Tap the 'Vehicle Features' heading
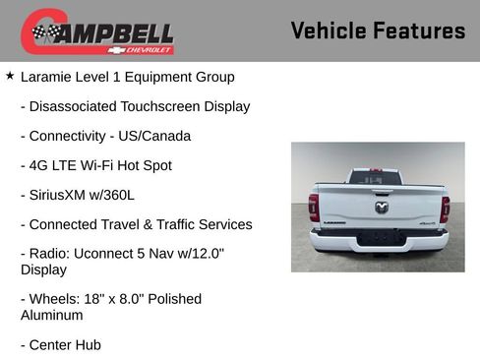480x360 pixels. (378, 30)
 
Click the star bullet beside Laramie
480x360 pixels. (10, 76)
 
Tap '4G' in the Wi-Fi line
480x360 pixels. (39, 165)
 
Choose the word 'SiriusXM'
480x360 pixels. (60, 195)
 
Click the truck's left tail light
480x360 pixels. (314, 208)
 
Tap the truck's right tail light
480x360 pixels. (445, 208)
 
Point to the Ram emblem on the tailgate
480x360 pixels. (381, 207)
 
